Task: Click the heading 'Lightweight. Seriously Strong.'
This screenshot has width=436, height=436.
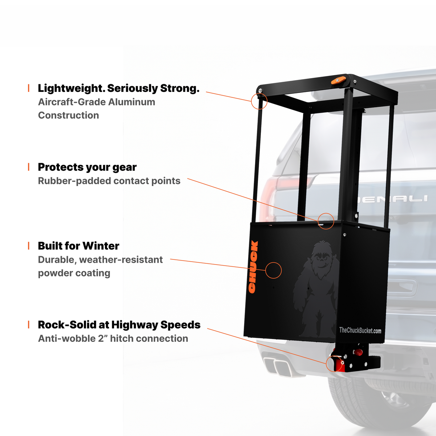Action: tap(118, 88)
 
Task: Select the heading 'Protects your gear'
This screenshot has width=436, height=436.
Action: tap(87, 167)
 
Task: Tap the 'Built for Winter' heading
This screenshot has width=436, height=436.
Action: tap(78, 246)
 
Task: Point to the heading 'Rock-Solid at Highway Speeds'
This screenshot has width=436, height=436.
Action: tap(119, 325)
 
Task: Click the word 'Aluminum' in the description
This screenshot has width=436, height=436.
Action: tap(132, 102)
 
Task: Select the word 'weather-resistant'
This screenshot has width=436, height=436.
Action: tap(121, 260)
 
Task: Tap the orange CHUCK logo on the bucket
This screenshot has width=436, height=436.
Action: tap(253, 267)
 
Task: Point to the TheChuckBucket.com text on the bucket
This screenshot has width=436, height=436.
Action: tap(360, 331)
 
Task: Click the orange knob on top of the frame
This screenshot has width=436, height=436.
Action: tap(339, 80)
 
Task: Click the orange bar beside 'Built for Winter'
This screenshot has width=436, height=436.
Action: tap(28, 246)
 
